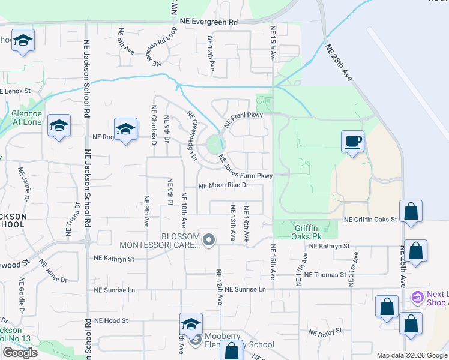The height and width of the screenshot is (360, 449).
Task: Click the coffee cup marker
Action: (352, 142)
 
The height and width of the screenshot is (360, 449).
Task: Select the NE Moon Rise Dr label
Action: (223, 185)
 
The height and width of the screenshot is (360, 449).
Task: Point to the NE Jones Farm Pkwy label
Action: (246, 167)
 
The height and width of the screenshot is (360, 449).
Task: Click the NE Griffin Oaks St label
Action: (370, 220)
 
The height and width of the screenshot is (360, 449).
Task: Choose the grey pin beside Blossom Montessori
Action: (209, 240)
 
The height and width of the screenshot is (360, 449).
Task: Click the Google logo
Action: (20, 353)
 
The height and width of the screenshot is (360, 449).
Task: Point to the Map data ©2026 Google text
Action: (412, 355)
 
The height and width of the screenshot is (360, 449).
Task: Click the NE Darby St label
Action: (325, 331)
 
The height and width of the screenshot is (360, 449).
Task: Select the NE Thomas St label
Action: (326, 274)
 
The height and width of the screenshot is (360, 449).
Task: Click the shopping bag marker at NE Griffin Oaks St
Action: (411, 212)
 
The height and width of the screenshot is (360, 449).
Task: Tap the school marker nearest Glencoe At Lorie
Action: (59, 127)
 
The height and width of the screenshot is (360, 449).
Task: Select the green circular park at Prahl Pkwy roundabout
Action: (214, 144)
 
